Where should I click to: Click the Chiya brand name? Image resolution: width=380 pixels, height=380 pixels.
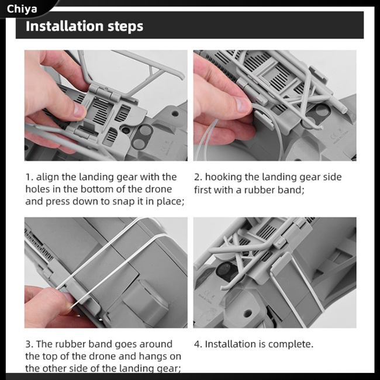tap(22, 9)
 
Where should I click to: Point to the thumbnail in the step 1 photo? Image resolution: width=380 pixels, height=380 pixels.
tap(80, 110)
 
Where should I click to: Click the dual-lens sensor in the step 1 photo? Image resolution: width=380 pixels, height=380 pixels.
tap(143, 136)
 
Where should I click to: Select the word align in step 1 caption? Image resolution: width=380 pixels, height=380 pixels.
tap(47, 177)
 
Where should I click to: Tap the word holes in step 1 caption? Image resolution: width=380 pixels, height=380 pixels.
tap(37, 189)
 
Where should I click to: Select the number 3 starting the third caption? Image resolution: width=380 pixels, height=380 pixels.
tap(28, 344)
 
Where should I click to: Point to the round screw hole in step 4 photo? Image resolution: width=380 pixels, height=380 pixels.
tap(248, 313)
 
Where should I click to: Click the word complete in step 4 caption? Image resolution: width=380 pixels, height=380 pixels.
tap(291, 344)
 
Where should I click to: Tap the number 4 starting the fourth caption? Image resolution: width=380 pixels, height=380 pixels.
tap(197, 344)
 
